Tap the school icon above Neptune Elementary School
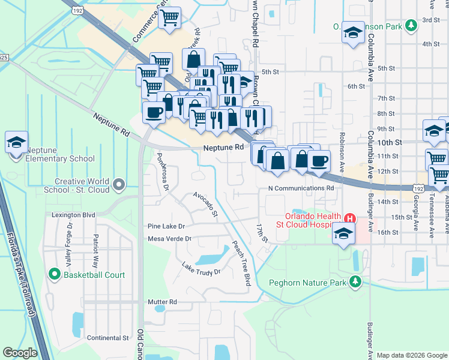pos(16,142)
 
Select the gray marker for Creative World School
pos(118,184)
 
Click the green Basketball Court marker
pos(55,275)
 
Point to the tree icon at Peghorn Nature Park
pos(356,281)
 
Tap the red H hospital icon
pos(346,217)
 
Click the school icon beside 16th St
pos(343,233)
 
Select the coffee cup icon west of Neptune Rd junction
pos(154,112)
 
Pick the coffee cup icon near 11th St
pos(319,160)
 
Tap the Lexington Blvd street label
pos(73,214)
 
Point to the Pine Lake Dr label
pos(166,226)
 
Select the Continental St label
pos(108,338)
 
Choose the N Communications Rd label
pos(301,188)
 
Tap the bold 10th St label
pos(390,142)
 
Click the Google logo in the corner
pos(20,353)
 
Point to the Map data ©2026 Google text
pos(411,355)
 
